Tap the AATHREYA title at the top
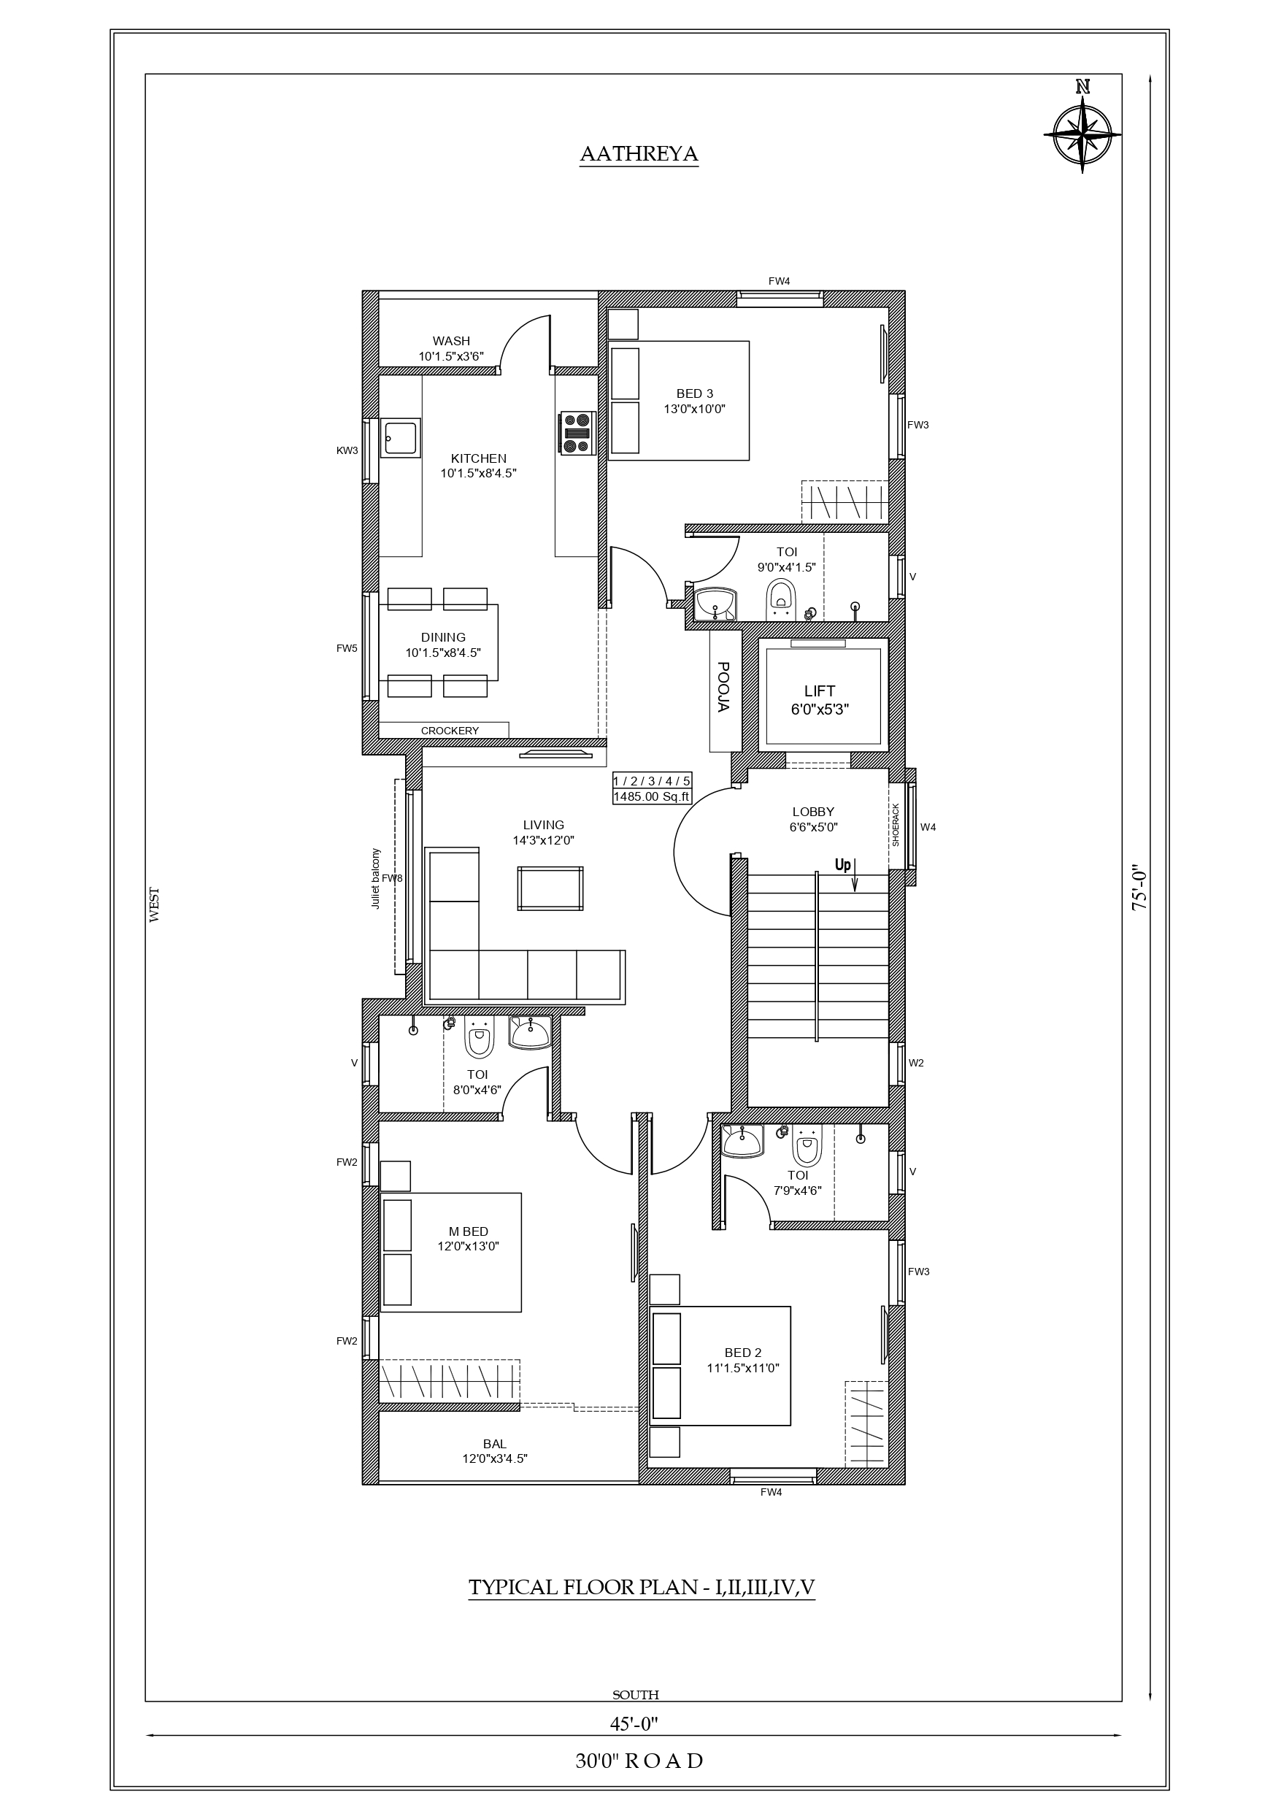pos(639,155)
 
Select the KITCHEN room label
pos(479,458)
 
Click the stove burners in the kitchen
pos(577,432)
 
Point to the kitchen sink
pos(400,438)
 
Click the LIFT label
pos(820,691)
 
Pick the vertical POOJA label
pos(723,686)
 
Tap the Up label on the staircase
pos(843,865)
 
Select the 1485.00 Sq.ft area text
pos(652,796)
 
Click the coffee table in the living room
pos(550,888)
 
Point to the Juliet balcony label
pos(375,879)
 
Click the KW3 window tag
pos(347,451)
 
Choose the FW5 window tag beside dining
pos(347,648)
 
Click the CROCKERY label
pos(450,731)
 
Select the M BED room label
pos(469,1231)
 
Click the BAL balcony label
pos(495,1445)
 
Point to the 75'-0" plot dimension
pos(1139,889)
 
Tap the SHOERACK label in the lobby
pos(896,826)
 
